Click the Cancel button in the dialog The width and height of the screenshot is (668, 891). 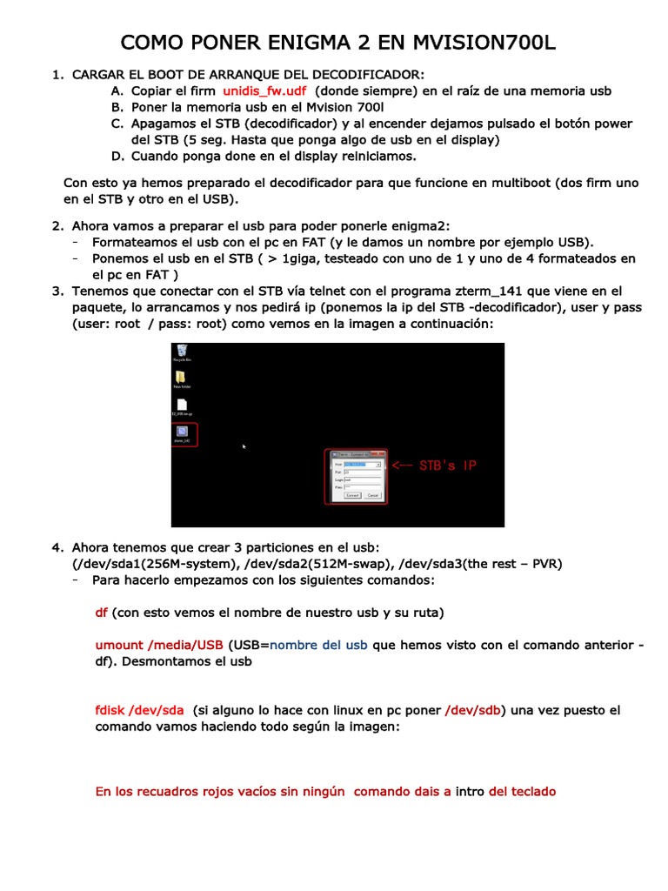coord(372,494)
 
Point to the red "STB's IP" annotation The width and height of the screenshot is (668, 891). coord(447,466)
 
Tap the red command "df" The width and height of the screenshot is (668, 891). coord(101,613)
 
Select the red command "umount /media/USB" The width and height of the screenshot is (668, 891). coord(159,646)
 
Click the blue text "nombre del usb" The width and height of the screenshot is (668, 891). coord(318,646)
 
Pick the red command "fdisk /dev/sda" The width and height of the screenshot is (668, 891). coord(139,711)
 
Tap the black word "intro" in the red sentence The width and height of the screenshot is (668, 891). coord(470,792)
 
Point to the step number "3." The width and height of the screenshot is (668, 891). coord(57,291)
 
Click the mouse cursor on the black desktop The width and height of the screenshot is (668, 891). coord(244,446)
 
